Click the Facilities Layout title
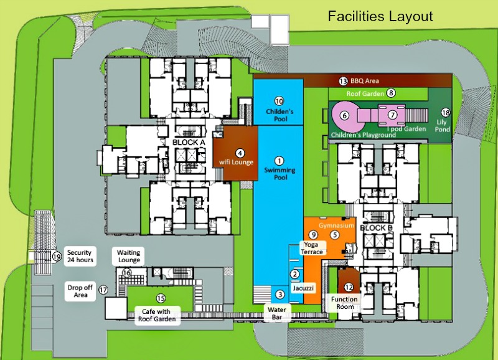click(380, 16)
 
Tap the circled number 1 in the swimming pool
click(279, 161)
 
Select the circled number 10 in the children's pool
click(279, 101)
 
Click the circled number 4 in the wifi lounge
click(240, 153)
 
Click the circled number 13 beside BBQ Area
click(343, 81)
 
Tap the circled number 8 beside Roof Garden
click(391, 93)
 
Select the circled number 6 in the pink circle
click(344, 115)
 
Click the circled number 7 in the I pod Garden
click(392, 115)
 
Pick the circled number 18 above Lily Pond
click(445, 112)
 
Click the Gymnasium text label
click(337, 224)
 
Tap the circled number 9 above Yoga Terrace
click(314, 234)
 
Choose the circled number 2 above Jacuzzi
click(295, 273)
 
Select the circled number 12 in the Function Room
click(349, 287)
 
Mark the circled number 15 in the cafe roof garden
click(161, 298)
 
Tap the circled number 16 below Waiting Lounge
click(126, 273)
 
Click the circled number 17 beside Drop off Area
click(104, 290)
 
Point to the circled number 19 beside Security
click(57, 256)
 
